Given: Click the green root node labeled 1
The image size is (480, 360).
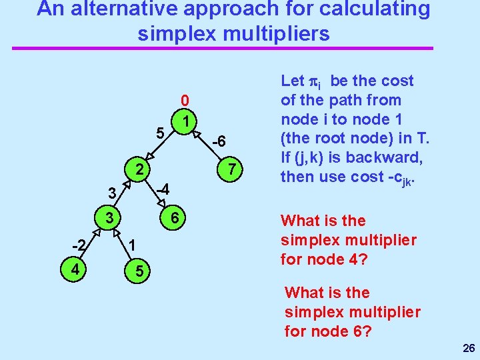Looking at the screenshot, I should click(187, 121).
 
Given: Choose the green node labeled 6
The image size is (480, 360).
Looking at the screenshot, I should click(173, 218).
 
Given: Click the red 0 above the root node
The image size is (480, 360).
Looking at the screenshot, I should click(186, 101).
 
